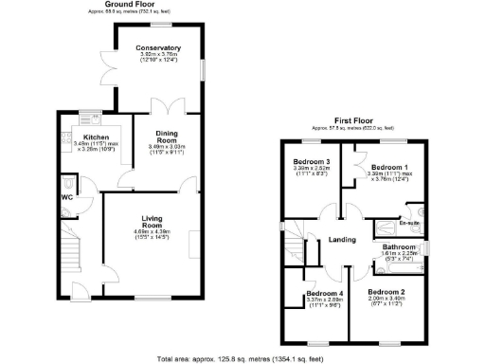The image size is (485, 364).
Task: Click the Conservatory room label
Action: point(157,46)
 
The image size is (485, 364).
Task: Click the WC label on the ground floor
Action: point(66,197)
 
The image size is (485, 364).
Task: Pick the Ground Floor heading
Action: point(130,5)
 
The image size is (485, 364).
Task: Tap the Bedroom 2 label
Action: point(386,291)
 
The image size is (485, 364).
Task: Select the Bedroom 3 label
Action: point(313,161)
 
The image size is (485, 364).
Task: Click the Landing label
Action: point(342,239)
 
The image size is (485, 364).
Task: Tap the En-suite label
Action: point(409,225)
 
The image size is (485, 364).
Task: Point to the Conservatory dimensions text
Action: point(157,58)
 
